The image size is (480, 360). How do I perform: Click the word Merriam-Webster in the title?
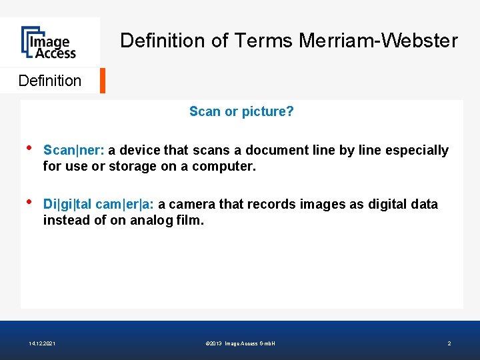[x=378, y=41]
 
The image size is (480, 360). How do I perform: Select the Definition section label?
[x=50, y=81]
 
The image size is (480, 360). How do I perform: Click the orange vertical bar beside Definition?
[x=102, y=80]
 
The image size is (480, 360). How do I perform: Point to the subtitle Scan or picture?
[x=241, y=111]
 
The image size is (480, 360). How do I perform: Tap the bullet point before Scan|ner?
[x=28, y=148]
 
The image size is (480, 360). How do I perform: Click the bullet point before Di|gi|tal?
[x=28, y=202]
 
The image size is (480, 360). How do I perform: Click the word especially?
[x=417, y=150]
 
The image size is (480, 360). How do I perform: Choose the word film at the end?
[x=190, y=220]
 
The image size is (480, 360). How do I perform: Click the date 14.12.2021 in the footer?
[x=43, y=343]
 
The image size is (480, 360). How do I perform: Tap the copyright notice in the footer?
[x=241, y=343]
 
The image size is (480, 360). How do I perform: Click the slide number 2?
[x=449, y=343]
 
